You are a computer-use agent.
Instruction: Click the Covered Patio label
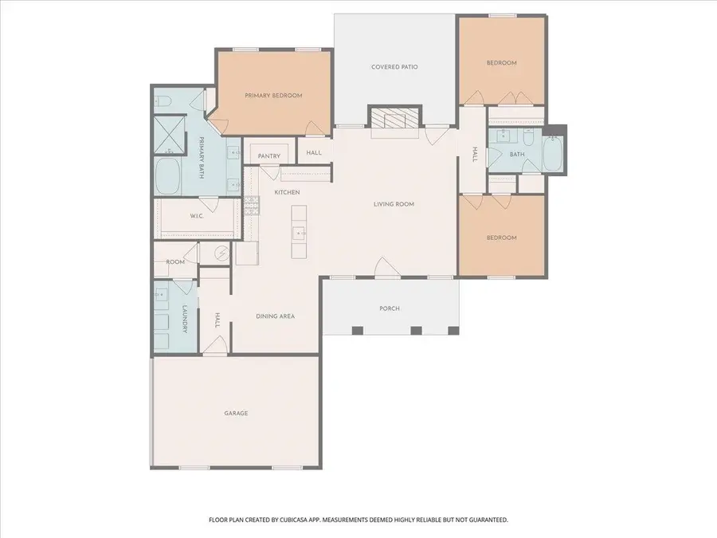(x=394, y=67)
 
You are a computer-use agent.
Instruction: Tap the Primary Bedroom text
(x=273, y=96)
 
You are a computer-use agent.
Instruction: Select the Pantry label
(x=268, y=156)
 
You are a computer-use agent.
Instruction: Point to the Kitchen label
(x=286, y=193)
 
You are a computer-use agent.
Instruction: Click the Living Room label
(x=394, y=204)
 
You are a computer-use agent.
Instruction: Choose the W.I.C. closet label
(x=198, y=216)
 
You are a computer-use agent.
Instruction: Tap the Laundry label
(x=184, y=318)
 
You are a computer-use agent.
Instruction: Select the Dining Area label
(x=276, y=316)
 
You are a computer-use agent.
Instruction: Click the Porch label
(x=390, y=308)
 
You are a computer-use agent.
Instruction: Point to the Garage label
(x=236, y=413)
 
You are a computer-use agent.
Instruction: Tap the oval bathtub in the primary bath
(x=168, y=176)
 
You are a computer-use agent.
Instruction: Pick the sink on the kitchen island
(x=299, y=234)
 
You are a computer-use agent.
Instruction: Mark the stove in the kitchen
(x=252, y=206)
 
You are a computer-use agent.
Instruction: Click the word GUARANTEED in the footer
(x=484, y=520)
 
